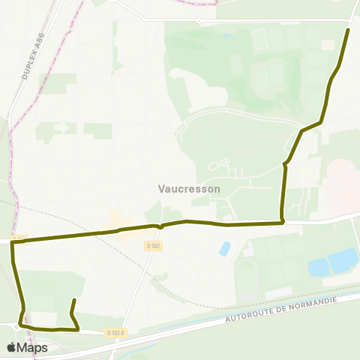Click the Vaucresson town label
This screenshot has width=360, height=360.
point(190,189)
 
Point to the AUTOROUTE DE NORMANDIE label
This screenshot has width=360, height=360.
point(282,308)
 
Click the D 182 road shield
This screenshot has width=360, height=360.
point(154,245)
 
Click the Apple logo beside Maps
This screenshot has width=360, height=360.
point(12,347)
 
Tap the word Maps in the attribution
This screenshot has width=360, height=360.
point(33,347)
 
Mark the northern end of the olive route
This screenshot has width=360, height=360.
point(348,30)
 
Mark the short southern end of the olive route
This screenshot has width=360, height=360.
point(73,301)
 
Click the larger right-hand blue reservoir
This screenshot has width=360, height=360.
point(343,260)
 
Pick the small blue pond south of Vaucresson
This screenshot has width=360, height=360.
point(224,249)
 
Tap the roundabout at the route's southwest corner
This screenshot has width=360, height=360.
point(18,326)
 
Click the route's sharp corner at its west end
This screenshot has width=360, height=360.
point(12,242)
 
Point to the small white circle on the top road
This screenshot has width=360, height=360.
point(199,21)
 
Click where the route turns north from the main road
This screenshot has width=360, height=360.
point(282,221)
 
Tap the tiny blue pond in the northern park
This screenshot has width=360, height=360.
point(226,35)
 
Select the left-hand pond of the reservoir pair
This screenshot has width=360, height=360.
point(318,267)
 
